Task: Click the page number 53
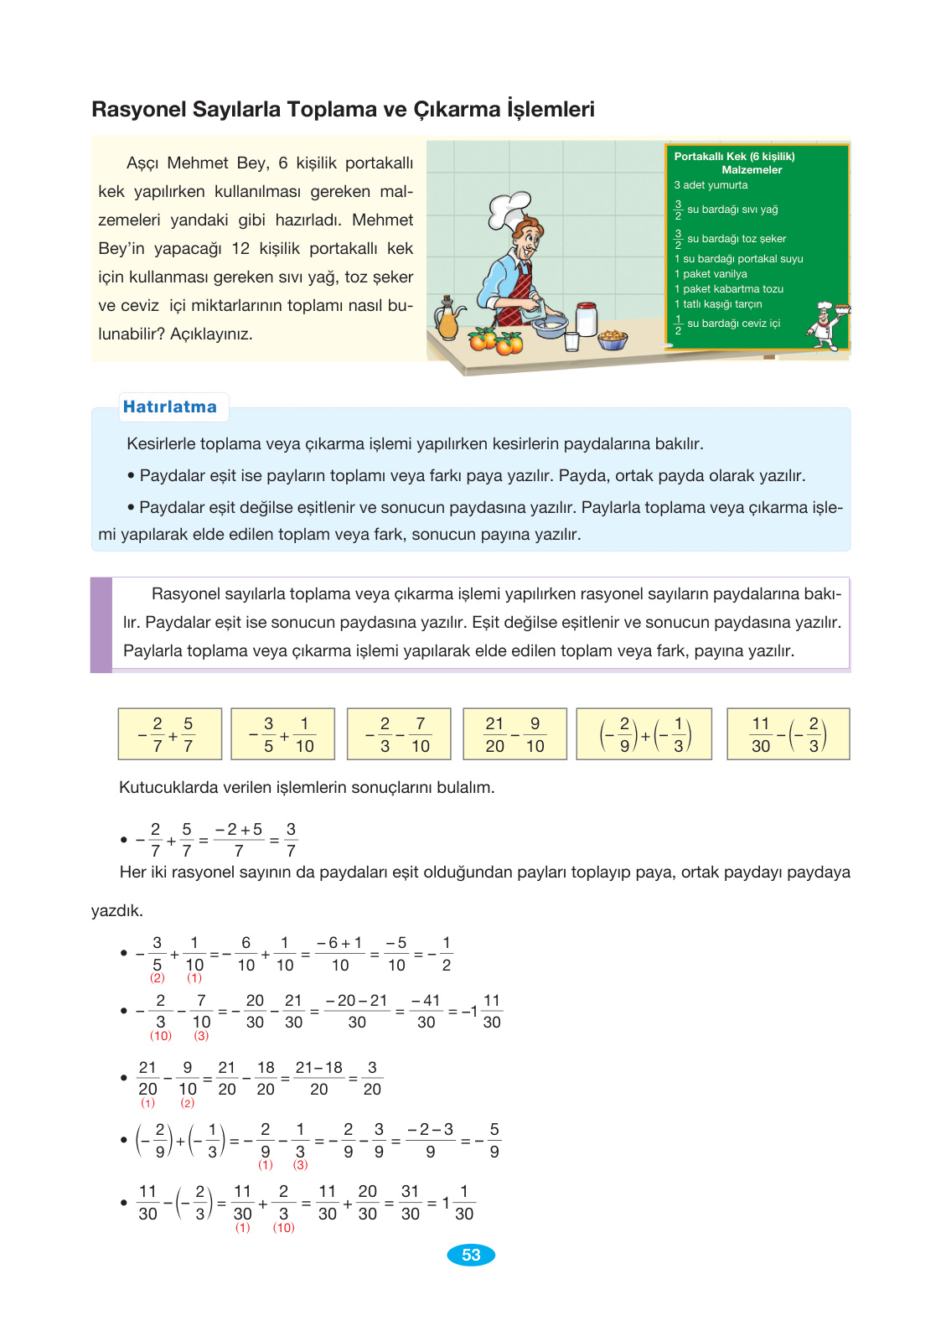click(x=471, y=1255)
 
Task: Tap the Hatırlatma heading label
click(x=170, y=407)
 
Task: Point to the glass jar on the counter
click(x=587, y=319)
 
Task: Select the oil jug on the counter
click(x=449, y=319)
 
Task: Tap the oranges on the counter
click(x=496, y=341)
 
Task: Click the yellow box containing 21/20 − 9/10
click(x=514, y=734)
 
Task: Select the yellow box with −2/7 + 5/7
click(x=170, y=734)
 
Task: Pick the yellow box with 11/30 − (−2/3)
click(x=788, y=734)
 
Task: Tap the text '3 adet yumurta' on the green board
click(x=711, y=185)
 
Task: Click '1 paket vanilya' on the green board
click(x=711, y=274)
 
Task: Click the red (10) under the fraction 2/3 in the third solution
click(x=161, y=1036)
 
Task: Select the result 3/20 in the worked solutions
click(x=372, y=1078)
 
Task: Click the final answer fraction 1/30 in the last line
click(x=463, y=1203)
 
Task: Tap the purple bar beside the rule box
click(x=101, y=624)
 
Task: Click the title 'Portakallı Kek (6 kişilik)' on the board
click(x=734, y=157)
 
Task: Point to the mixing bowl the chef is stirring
click(x=550, y=325)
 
